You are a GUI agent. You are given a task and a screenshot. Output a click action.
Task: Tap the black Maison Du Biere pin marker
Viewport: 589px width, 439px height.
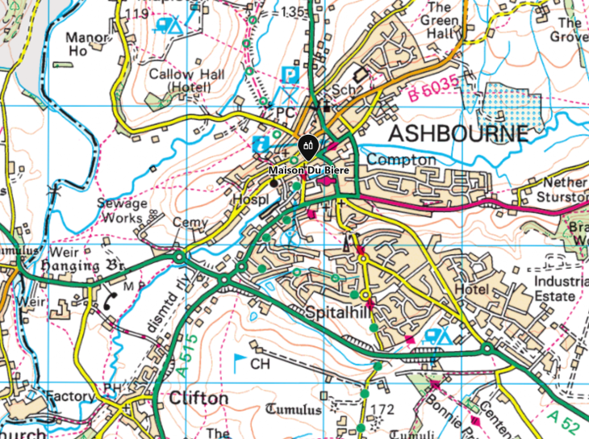tap(308, 147)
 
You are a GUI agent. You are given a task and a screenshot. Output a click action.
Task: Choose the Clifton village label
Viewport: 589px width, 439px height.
tap(198, 399)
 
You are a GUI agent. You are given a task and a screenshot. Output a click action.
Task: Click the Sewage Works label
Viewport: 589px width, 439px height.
tap(123, 210)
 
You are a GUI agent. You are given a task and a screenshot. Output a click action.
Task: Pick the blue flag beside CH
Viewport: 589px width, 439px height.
tap(240, 361)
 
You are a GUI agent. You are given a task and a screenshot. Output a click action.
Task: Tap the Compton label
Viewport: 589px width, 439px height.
tap(401, 160)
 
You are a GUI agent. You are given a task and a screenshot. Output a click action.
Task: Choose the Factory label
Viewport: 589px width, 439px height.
tap(70, 396)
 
